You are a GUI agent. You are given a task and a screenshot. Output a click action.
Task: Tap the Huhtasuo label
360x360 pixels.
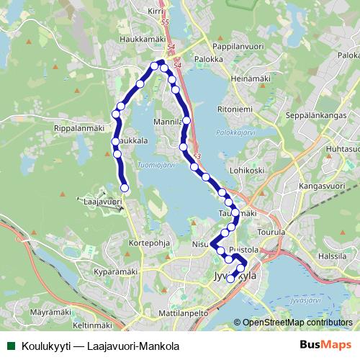point(342,148)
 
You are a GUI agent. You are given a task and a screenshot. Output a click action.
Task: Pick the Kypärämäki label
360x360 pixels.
point(114,273)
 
